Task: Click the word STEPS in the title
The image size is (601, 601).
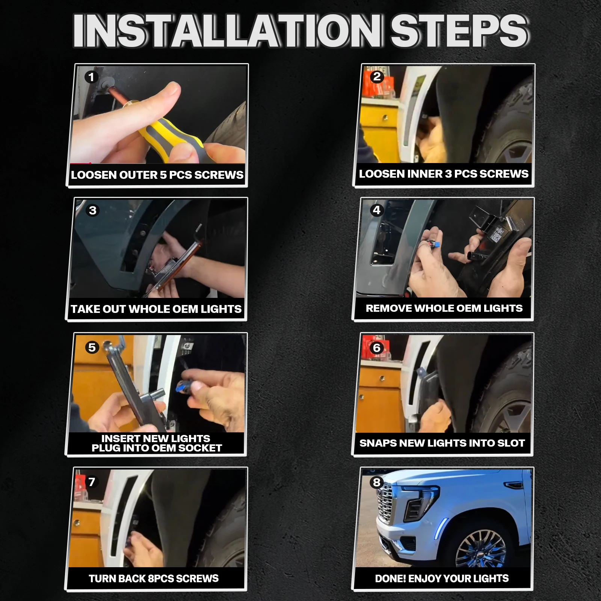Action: coord(459,31)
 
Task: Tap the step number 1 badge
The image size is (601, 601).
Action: coord(91,77)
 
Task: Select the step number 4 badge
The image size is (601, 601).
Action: coord(377,210)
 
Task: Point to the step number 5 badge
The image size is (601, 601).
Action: coord(92,347)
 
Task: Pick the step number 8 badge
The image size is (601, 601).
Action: coord(377,482)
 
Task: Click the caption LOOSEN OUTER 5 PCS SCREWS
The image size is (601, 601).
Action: coord(157,175)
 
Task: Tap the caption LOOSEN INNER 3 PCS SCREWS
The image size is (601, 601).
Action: coord(444,174)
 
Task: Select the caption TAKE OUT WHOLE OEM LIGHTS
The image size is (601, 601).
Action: coord(156,309)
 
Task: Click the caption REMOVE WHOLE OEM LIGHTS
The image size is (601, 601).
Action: coord(444,308)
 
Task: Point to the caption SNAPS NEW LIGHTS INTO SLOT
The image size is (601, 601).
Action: coord(442,443)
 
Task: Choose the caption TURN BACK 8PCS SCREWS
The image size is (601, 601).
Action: coord(154,578)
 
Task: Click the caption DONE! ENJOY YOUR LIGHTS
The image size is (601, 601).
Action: coord(442,578)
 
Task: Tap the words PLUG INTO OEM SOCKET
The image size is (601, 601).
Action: coord(157,448)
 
